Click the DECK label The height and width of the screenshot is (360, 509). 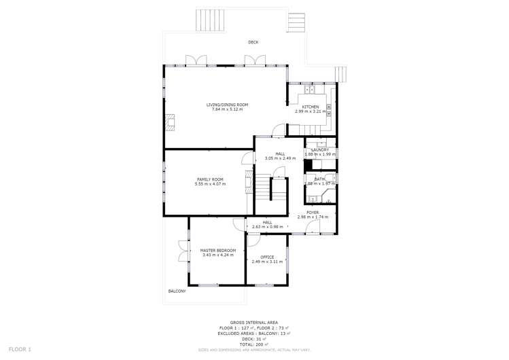tap(253, 42)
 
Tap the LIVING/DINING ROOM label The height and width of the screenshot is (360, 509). tap(227, 105)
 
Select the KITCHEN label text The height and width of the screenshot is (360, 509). tap(311, 107)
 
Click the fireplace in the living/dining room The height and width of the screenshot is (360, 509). tap(170, 122)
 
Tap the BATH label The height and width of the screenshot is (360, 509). tap(319, 179)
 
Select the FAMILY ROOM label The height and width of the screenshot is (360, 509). tap(210, 179)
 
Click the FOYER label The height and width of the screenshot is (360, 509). tap(313, 213)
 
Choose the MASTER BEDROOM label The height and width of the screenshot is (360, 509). tap(217, 251)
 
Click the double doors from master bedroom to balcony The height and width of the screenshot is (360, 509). tap(182, 251)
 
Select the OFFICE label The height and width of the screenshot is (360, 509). tap(266, 257)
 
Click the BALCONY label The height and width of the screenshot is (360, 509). tap(177, 291)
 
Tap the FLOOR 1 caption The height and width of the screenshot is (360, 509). tap(20, 349)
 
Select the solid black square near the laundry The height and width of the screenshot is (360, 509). tap(307, 164)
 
